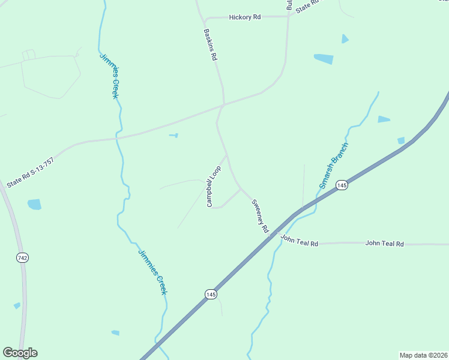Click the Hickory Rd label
245,17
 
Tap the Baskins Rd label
210,45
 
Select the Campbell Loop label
214,187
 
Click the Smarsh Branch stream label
334,166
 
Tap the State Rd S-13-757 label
31,173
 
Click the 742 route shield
23,257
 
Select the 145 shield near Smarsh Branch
342,185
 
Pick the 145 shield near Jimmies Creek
210,294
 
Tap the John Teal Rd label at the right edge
385,244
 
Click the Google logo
20,353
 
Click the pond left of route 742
34,205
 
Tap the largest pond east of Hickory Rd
324,59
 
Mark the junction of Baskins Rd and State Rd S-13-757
224,105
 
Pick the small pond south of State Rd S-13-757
173,136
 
